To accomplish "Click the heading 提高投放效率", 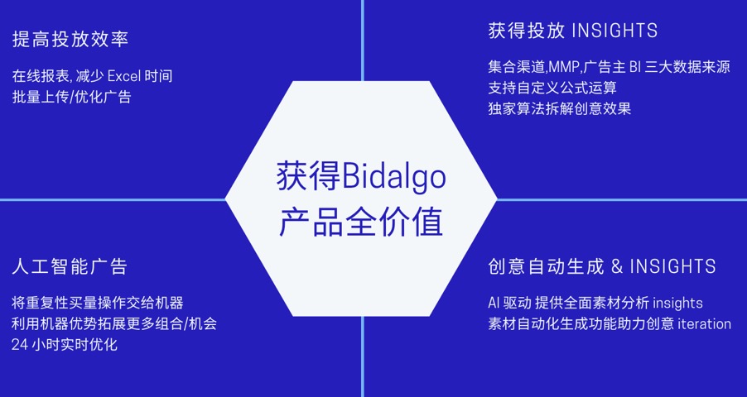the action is click(70, 40).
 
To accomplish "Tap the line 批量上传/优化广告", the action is click(71, 97).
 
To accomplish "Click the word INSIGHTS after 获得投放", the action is click(614, 31).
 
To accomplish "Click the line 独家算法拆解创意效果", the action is click(560, 108).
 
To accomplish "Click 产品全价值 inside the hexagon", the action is click(361, 222).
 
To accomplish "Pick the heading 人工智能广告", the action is click(70, 266).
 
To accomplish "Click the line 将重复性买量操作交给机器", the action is click(98, 303).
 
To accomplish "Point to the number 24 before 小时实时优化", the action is click(19, 345).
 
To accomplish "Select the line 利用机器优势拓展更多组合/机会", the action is click(114, 323).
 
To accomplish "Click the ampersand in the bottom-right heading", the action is click(617, 266).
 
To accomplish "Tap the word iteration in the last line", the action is click(704, 324).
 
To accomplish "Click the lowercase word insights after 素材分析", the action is click(677, 304).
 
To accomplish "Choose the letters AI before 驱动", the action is click(494, 304).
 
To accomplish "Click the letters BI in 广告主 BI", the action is click(634, 67).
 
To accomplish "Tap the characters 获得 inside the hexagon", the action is click(309, 177).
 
